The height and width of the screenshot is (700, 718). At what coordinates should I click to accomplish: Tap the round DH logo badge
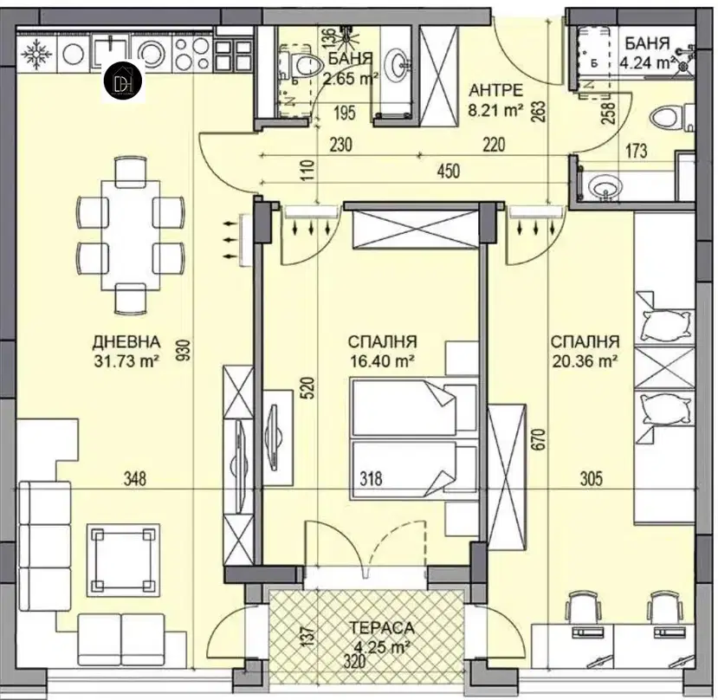[x=122, y=81]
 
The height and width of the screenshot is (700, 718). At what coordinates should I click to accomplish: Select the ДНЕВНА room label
[x=126, y=341]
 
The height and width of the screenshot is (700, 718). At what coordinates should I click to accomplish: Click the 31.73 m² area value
[x=126, y=361]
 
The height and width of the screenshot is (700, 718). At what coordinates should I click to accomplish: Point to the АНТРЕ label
[x=495, y=90]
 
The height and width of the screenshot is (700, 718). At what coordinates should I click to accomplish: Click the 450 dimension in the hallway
[x=448, y=172]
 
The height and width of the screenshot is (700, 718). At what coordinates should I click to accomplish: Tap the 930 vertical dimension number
[x=184, y=352]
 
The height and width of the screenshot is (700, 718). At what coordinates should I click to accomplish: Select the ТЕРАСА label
[x=381, y=627]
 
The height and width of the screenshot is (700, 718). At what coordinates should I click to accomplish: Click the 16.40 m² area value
[x=382, y=361]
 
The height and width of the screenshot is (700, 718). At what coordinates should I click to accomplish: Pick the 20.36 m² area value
[x=585, y=361]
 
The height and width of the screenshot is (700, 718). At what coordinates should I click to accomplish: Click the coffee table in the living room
[x=124, y=561]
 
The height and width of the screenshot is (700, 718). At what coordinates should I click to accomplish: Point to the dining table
[x=131, y=236]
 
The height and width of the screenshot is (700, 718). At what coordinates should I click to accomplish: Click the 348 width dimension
[x=135, y=479]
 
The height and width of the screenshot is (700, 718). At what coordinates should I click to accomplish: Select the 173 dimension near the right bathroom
[x=636, y=150]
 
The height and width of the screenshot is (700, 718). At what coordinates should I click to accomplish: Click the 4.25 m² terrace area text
[x=382, y=646]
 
